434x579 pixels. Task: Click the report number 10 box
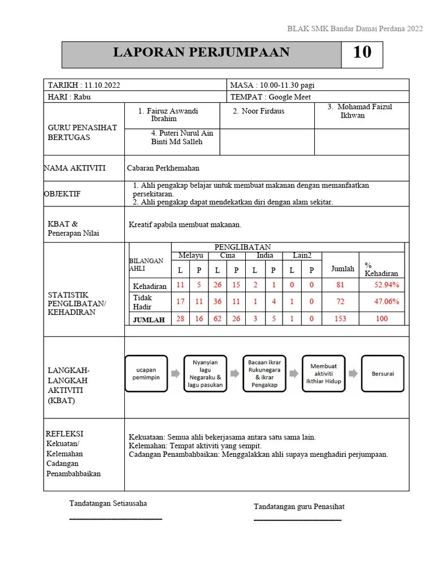click(362, 53)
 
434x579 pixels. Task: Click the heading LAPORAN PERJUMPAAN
click(201, 53)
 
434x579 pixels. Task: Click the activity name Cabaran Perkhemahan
click(163, 168)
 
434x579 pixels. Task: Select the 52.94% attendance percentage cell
click(387, 285)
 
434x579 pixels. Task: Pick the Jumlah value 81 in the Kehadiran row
click(340, 285)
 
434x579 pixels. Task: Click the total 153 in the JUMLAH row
click(340, 319)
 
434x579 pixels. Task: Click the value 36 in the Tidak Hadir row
click(218, 301)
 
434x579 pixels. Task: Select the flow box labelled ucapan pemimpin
click(146, 374)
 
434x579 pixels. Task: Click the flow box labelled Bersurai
click(383, 374)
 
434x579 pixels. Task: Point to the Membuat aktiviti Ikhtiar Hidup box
click(323, 374)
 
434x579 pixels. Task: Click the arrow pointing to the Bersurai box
click(353, 374)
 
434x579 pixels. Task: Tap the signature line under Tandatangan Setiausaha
click(115, 518)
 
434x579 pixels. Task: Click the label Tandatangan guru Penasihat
click(299, 507)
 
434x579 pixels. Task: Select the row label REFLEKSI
click(64, 434)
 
